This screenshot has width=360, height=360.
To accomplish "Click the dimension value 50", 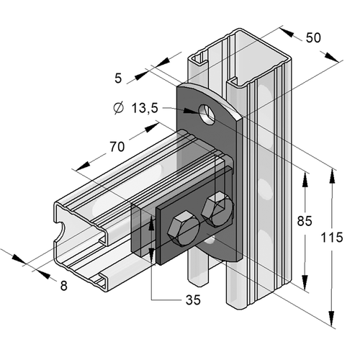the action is coord(313,37).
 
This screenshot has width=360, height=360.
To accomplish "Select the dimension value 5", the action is coord(118,78).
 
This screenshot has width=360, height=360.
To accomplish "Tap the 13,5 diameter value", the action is coord(145,108).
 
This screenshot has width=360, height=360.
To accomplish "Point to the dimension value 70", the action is coord(117,147).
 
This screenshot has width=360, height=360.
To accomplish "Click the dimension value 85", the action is coord(305,221).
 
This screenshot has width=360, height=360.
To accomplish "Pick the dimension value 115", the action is coord(332,238).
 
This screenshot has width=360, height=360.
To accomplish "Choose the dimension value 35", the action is coord(193,300).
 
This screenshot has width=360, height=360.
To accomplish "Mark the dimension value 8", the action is coord(63,286).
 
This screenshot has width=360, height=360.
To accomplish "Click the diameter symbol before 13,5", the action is coord(119,108).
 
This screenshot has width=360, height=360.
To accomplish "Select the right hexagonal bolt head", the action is coord(217,208).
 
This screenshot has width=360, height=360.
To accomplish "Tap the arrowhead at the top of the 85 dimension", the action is coord(305,179).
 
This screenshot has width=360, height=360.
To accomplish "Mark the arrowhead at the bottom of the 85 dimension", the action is coord(305,282).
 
